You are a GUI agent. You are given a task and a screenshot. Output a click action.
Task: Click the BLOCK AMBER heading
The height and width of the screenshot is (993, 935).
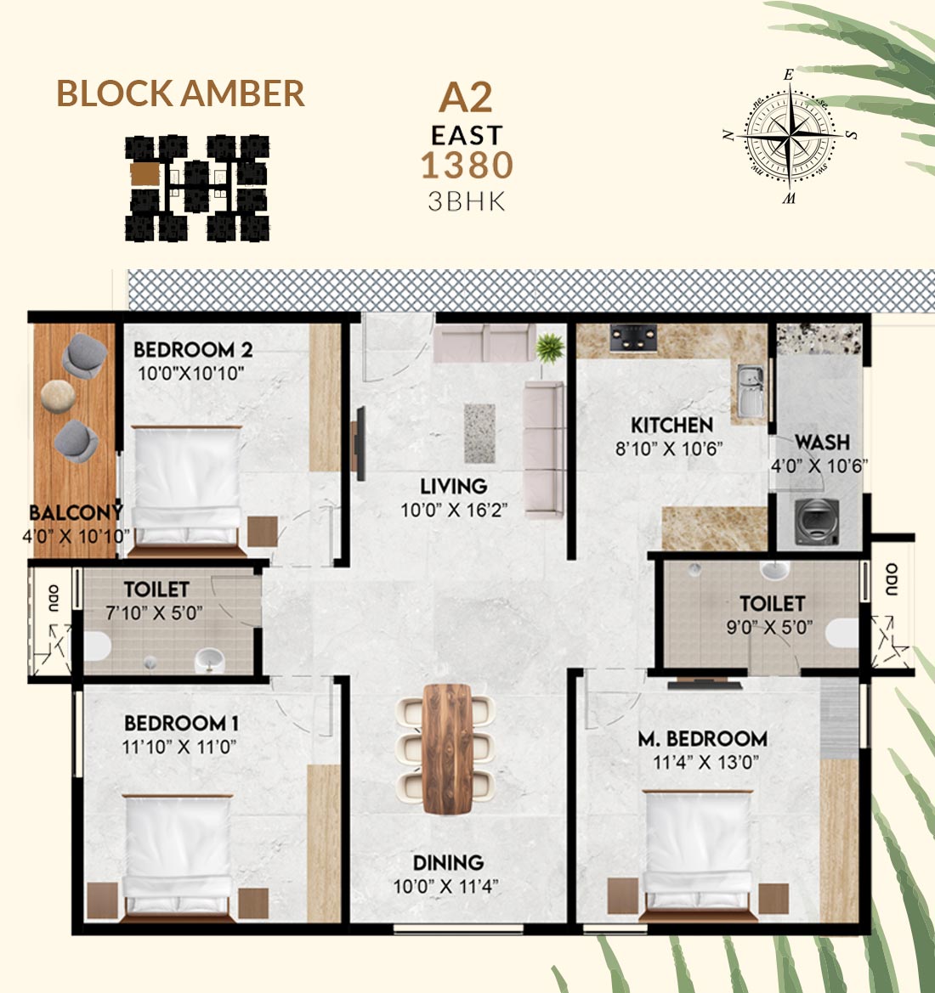pyautogui.click(x=181, y=93)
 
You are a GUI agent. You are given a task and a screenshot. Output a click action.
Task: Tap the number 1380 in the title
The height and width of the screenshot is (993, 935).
pyautogui.click(x=467, y=166)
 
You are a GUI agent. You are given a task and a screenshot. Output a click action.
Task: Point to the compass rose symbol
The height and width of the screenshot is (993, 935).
pyautogui.click(x=789, y=136)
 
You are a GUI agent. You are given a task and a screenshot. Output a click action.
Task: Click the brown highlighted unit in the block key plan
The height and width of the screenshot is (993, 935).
pyautogui.click(x=145, y=174)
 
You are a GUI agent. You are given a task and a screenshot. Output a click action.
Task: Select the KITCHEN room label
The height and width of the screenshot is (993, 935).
pyautogui.click(x=672, y=425)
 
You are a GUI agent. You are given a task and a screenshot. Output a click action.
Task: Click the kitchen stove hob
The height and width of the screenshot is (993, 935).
pyautogui.click(x=633, y=337)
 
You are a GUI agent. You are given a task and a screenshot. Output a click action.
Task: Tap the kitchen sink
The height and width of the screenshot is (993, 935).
pyautogui.click(x=751, y=391)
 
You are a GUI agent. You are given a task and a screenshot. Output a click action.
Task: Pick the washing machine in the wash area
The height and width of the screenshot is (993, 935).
pyautogui.click(x=817, y=522)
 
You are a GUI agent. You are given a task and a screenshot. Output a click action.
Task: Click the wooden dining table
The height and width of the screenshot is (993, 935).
pyautogui.click(x=447, y=748)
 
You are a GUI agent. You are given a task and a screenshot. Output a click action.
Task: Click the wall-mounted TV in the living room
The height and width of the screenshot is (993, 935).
pyautogui.click(x=359, y=443)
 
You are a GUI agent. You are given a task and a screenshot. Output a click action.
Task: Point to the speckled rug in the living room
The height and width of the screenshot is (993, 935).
pyautogui.click(x=479, y=434)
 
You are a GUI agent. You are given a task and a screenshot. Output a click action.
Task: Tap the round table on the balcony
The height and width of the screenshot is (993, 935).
pyautogui.click(x=59, y=397)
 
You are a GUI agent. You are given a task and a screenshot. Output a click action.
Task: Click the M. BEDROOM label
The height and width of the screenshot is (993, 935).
pyautogui.click(x=702, y=738)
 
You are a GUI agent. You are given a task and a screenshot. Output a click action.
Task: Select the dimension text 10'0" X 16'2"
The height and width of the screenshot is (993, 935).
pyautogui.click(x=454, y=510)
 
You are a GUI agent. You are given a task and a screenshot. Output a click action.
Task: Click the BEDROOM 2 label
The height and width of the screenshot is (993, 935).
pyautogui.click(x=193, y=350)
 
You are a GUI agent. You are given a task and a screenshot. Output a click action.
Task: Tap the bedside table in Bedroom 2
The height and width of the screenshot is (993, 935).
pyautogui.click(x=263, y=532)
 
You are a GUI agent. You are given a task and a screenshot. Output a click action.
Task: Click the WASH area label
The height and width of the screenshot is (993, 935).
pyautogui.click(x=822, y=442)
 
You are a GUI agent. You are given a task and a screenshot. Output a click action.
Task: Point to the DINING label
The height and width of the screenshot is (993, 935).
pyautogui.click(x=448, y=862)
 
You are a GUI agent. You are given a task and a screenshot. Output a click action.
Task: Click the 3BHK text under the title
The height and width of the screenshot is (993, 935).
pyautogui.click(x=467, y=201)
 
